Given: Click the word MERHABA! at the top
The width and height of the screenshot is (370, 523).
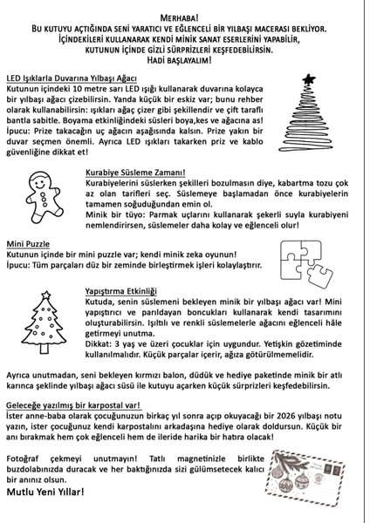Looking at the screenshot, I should tap(184, 17).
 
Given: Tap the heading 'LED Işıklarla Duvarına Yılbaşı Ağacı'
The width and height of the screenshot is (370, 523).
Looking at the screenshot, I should tap(77, 78).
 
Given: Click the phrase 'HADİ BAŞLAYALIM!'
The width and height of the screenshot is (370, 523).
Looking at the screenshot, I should tap(184, 62).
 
